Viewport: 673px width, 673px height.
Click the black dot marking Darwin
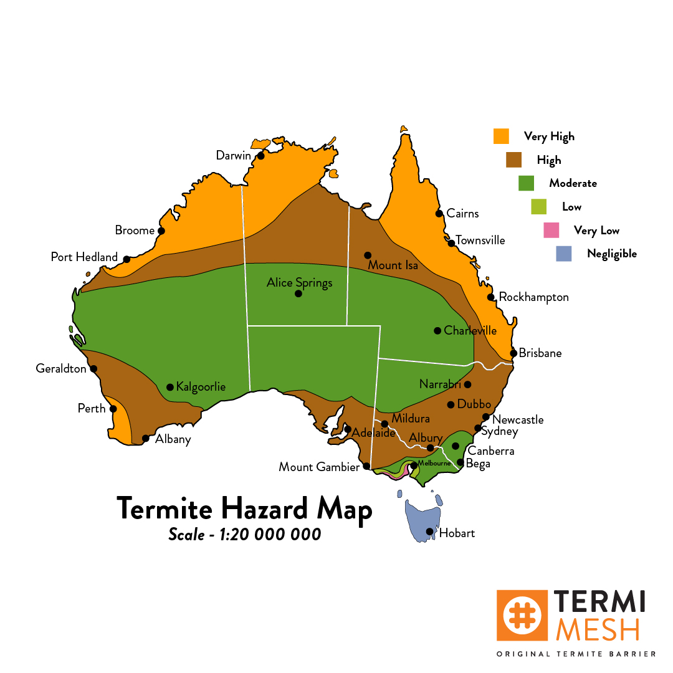tap(260, 156)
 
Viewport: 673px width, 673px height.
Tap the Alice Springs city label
tap(299, 283)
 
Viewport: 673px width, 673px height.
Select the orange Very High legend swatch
tap(501, 136)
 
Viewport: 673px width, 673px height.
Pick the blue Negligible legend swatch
tap(563, 254)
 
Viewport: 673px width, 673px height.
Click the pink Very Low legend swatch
tap(551, 231)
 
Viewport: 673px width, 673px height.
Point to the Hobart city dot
tap(429, 532)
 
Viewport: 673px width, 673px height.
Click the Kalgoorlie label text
tap(201, 387)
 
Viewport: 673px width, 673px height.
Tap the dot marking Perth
tap(113, 409)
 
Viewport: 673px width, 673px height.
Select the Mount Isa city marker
tap(368, 255)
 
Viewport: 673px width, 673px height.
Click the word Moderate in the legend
tap(573, 183)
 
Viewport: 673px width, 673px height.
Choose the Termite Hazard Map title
tap(244, 508)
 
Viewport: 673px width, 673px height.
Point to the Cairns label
tap(462, 214)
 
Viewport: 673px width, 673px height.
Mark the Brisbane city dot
tap(513, 353)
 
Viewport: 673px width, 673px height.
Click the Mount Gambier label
tap(319, 467)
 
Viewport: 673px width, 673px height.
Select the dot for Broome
tap(161, 231)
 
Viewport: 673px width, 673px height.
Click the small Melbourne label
tap(434, 464)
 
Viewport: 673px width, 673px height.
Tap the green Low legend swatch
tap(538, 207)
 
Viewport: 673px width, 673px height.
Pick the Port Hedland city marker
tap(126, 259)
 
